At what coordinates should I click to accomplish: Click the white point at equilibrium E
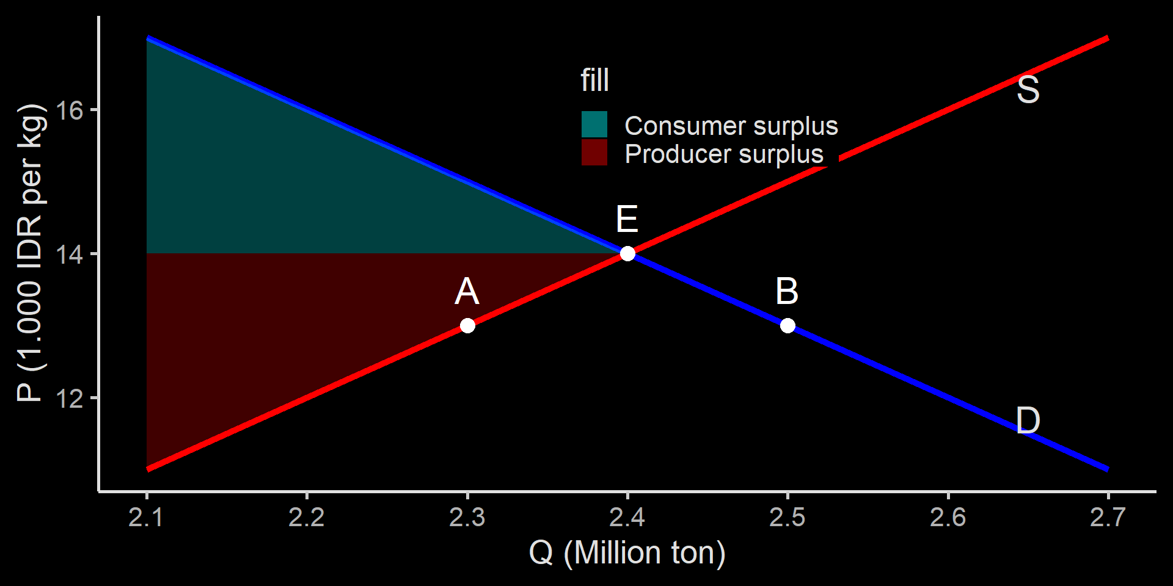point(627,253)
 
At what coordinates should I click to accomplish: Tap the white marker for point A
point(467,325)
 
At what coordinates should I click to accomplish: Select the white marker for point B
point(787,325)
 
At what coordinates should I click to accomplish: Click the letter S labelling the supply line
point(1028,90)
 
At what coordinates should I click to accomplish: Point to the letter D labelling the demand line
point(1028,421)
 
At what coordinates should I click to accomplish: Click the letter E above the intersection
point(627,219)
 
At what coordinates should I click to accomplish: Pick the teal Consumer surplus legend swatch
point(594,125)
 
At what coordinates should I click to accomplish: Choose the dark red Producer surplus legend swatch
point(594,153)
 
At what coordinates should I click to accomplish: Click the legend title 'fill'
point(594,80)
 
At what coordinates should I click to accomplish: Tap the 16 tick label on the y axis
point(69,110)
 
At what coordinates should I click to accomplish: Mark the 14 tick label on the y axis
point(69,255)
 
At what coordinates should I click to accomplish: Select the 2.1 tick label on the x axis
point(146,518)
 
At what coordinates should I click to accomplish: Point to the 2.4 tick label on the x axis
point(627,518)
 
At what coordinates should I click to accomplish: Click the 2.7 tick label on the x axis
point(1108,518)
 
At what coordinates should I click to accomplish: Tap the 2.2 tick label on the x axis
point(306,518)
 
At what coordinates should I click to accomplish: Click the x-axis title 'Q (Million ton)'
point(627,553)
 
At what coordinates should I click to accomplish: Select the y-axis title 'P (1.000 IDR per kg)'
point(31,253)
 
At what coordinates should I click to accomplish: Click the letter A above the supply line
point(467,291)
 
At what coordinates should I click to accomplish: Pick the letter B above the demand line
point(787,291)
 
